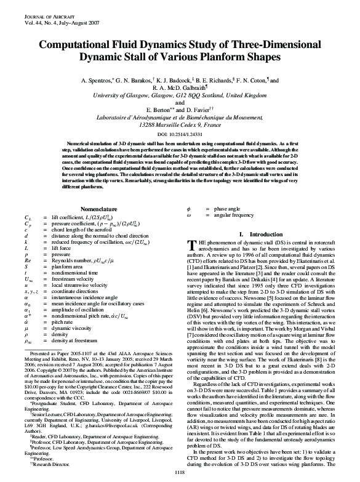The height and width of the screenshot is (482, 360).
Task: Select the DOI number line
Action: pos(180,133)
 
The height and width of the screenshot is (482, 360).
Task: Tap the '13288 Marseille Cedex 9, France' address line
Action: pos(180,124)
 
